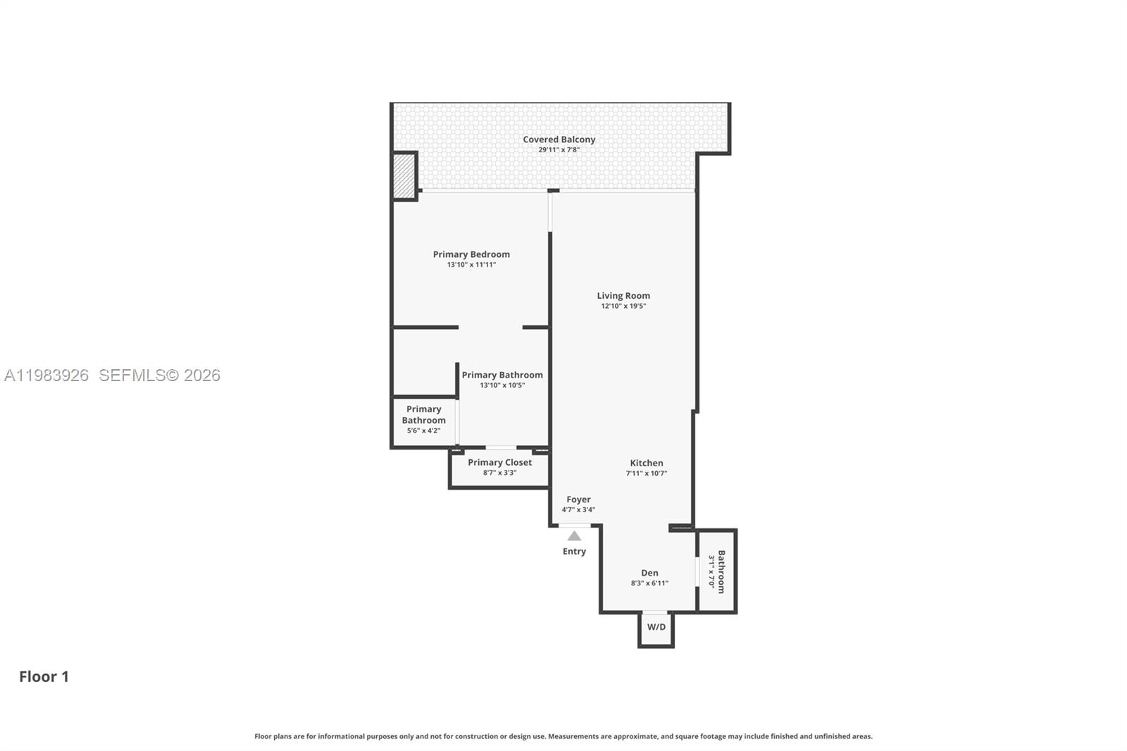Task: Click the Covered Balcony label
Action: (559, 139)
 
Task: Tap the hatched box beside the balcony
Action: (404, 176)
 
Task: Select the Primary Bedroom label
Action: (471, 254)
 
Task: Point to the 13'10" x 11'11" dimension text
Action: (471, 265)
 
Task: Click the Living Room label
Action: (623, 296)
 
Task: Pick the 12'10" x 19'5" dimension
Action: (623, 306)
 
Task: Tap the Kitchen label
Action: (646, 463)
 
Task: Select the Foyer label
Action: (578, 499)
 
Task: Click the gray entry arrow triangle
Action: (574, 536)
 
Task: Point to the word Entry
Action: (574, 552)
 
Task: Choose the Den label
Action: (649, 573)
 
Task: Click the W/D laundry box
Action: (656, 627)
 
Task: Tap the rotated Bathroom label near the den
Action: (721, 571)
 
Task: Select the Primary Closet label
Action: (499, 462)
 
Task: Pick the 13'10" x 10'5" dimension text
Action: (502, 385)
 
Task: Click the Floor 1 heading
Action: (44, 676)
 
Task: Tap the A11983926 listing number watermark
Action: (46, 375)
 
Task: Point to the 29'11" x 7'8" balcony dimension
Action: (559, 150)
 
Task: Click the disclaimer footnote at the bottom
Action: (563, 736)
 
